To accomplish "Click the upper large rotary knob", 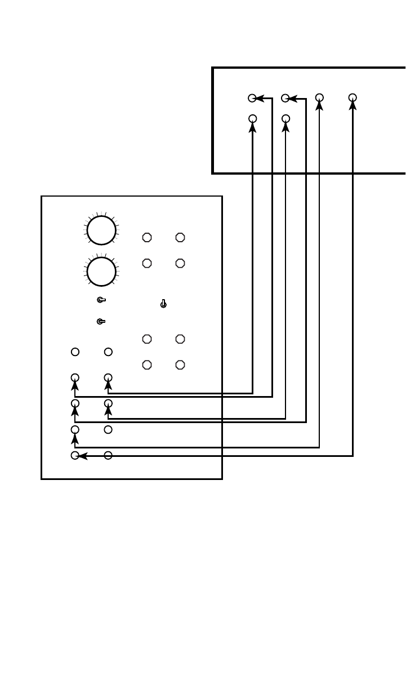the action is (x=101, y=230).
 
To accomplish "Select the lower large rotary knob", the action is (x=101, y=271).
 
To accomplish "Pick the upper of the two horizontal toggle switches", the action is (x=101, y=300).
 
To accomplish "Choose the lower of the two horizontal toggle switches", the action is (x=101, y=322).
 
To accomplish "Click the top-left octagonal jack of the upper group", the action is (x=147, y=238).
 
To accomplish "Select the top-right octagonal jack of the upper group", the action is (x=180, y=238).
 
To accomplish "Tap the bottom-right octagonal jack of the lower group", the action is (x=180, y=364).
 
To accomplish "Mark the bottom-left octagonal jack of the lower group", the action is (x=147, y=364).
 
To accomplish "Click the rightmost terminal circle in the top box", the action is (x=353, y=98).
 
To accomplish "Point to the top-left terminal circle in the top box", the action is (x=252, y=98).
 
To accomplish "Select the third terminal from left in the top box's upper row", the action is (x=319, y=98).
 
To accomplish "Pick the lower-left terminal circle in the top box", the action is (x=252, y=119).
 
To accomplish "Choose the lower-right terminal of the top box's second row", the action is (x=285, y=119).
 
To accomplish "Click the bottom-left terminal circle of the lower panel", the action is (x=75, y=455).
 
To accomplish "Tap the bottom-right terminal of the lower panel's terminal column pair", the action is (x=108, y=455).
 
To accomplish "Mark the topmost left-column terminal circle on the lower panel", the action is (x=75, y=352).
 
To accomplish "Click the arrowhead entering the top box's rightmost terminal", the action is (x=353, y=106).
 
